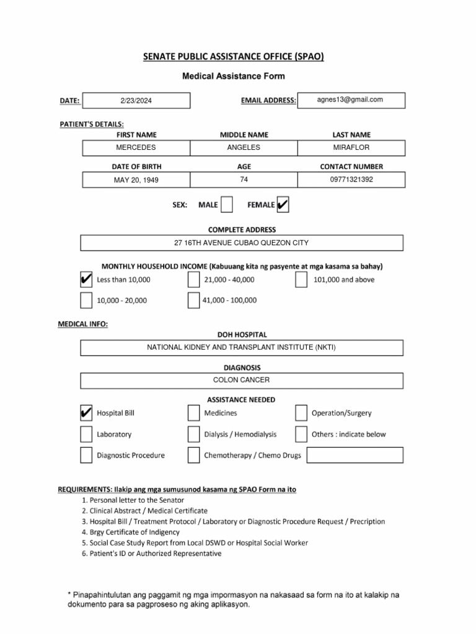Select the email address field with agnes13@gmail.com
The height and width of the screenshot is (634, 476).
351,100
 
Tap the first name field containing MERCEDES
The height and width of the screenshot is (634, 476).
136,147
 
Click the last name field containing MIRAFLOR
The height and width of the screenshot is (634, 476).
351,147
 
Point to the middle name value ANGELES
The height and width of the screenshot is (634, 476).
244,147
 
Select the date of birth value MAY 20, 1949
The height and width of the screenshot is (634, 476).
136,180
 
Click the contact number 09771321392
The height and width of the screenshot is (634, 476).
351,180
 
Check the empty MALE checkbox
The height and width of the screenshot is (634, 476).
227,204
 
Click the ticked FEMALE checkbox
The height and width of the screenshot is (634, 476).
282,204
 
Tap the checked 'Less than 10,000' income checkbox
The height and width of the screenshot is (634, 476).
86,280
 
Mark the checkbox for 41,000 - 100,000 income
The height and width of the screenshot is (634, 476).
193,300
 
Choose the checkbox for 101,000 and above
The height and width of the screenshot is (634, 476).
301,280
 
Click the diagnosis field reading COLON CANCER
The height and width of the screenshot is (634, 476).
242,380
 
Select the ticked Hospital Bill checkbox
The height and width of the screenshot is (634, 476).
86,413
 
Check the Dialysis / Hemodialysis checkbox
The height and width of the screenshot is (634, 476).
193,434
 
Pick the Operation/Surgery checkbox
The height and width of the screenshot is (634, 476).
301,413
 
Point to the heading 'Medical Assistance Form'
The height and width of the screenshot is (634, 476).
233,77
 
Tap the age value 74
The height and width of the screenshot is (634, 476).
244,180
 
